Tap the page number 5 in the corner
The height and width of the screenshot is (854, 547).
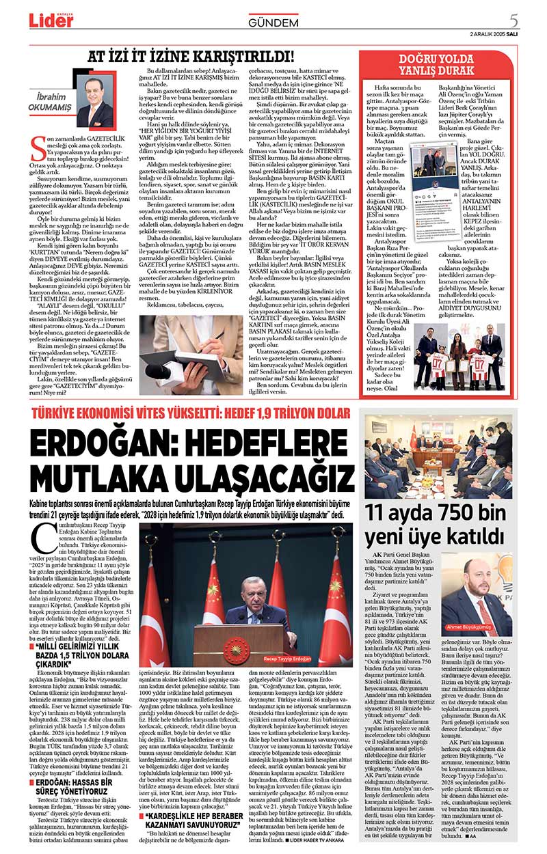[533, 20]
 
